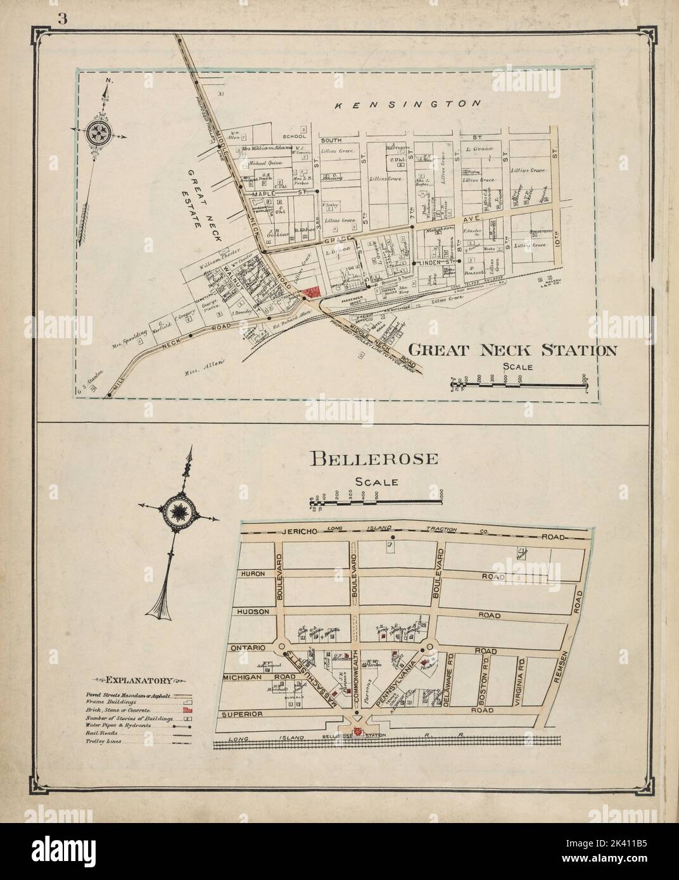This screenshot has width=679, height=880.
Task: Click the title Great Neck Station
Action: [514, 350]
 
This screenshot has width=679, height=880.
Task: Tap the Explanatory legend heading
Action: [138, 681]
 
